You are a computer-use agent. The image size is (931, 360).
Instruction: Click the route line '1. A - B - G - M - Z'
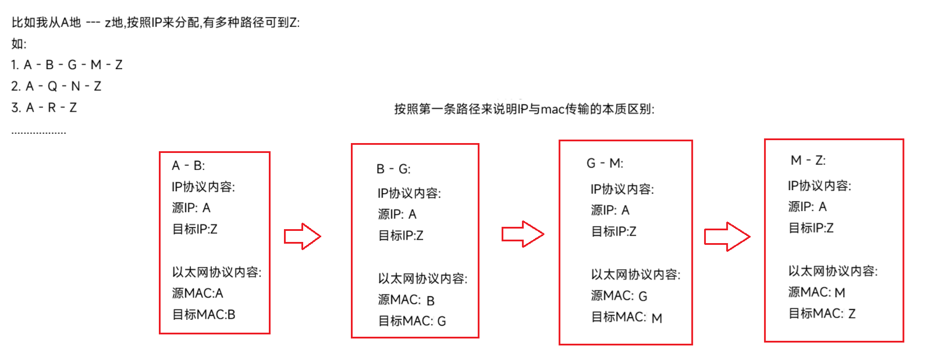coord(67,65)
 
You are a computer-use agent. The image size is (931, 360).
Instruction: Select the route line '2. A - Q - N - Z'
coord(56,86)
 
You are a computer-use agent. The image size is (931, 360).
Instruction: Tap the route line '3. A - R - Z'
coord(44,108)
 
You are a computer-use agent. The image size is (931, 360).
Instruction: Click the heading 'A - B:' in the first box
coord(188,166)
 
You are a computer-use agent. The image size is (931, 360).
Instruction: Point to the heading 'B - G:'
coord(393,169)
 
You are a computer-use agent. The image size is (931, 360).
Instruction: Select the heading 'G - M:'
coord(605,163)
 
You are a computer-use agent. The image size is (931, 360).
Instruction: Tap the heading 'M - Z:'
coord(808,161)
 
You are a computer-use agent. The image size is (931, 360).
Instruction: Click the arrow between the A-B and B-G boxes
coord(303,236)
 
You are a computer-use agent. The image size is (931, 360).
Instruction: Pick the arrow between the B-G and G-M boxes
coord(523,234)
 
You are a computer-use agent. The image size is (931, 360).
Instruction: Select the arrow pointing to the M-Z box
coord(727,236)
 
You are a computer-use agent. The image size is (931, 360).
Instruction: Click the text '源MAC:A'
coord(197,293)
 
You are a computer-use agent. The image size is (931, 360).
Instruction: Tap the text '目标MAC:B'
coord(204,315)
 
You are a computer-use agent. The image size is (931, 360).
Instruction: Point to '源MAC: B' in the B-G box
coord(406,300)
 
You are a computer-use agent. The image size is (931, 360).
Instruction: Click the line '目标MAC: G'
coord(412,321)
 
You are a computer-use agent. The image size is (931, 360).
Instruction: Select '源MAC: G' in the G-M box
coord(619,296)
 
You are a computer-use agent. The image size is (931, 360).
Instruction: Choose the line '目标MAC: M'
coord(626,318)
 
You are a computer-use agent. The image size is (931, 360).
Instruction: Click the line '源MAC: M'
coord(816,292)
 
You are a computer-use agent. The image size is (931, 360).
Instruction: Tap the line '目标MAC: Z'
coord(822,313)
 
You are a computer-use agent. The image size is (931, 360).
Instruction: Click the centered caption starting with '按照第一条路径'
coord(524,109)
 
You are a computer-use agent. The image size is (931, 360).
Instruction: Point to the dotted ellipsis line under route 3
coord(38,133)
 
